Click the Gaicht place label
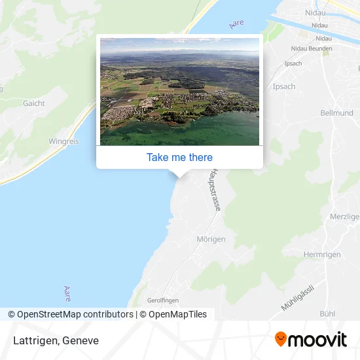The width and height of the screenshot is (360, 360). pyautogui.click(x=34, y=103)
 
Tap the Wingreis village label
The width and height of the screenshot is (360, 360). pyautogui.click(x=63, y=141)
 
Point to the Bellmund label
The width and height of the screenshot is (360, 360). pyautogui.click(x=336, y=113)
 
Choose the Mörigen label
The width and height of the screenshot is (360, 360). pyautogui.click(x=211, y=240)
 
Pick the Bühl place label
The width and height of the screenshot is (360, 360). pyautogui.click(x=327, y=314)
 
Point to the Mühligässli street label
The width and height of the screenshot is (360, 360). pyautogui.click(x=298, y=297)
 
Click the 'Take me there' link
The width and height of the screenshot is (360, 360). pyautogui.click(x=179, y=157)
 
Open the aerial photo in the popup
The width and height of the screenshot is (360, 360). pyautogui.click(x=179, y=91)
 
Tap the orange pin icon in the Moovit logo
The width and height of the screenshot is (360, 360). pyautogui.click(x=281, y=339)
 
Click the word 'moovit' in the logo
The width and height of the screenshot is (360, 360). pyautogui.click(x=318, y=340)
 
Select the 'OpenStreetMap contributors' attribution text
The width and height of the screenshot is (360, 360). pyautogui.click(x=75, y=314)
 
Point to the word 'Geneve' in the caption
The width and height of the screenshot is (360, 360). pyautogui.click(x=81, y=340)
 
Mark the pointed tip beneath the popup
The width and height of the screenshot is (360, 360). pyautogui.click(x=179, y=174)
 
